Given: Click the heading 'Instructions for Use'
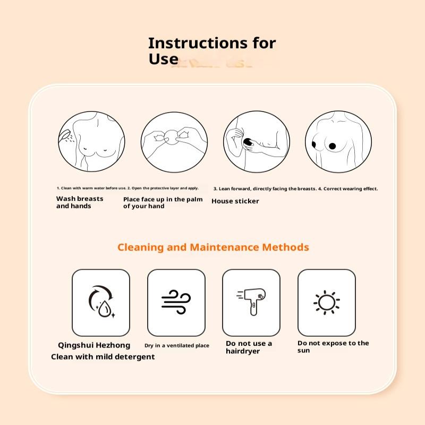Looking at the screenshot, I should [x=211, y=51].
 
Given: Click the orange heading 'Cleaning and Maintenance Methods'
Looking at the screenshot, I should [x=213, y=247].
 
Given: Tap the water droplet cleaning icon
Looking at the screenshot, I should [x=101, y=302].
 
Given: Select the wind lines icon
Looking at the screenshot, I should [x=176, y=302].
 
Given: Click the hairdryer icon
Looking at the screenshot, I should [x=251, y=302].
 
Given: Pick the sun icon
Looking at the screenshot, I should [x=326, y=302].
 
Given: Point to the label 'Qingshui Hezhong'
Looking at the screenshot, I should [x=94, y=345].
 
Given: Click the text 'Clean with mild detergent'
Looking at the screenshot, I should [x=103, y=357].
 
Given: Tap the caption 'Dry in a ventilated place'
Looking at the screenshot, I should [x=177, y=346].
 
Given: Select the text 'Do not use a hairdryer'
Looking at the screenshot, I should [x=249, y=347].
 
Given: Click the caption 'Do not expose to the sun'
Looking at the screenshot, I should [x=333, y=346].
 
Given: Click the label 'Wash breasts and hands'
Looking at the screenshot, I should [x=80, y=202].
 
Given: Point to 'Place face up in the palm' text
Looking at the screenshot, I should [x=163, y=202].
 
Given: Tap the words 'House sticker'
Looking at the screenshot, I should [x=235, y=201].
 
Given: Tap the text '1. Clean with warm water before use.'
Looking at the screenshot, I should [x=91, y=188].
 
